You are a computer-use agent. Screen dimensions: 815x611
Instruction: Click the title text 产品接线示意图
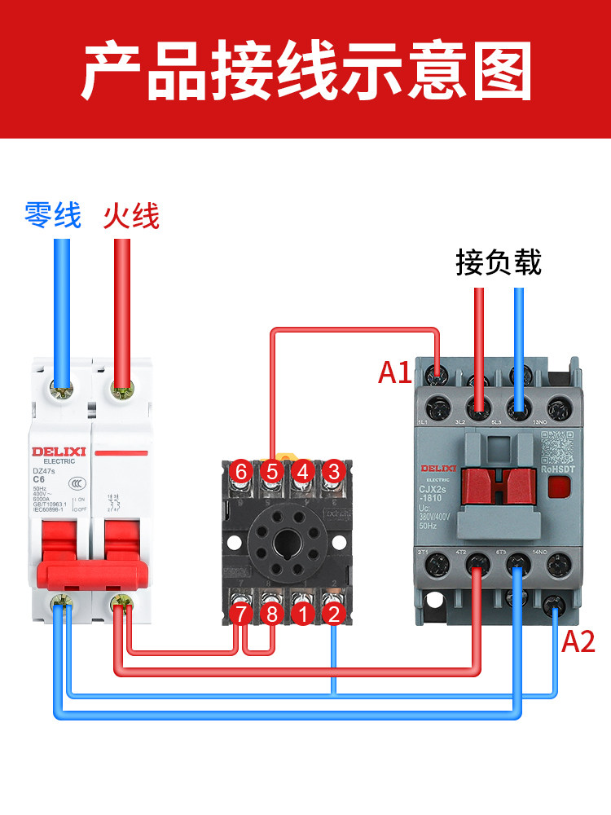click(305, 72)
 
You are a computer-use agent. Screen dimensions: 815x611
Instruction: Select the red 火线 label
click(131, 216)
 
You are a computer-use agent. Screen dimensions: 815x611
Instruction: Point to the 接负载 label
click(499, 262)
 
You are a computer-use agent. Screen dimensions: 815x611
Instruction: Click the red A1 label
click(395, 372)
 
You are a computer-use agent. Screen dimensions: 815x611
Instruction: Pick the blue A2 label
click(579, 641)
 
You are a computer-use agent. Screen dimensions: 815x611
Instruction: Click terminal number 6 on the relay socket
click(240, 471)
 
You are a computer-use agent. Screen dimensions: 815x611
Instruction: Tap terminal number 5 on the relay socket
click(271, 471)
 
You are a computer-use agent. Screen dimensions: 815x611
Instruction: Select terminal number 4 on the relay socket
click(302, 471)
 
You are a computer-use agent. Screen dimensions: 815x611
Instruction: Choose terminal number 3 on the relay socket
click(332, 471)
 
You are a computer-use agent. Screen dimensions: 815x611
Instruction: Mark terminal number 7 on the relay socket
click(240, 615)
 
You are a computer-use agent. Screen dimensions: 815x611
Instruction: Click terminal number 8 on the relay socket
click(271, 615)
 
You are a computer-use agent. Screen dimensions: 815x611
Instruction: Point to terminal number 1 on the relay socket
click(302, 615)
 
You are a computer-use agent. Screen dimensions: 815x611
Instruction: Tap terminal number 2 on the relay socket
click(332, 615)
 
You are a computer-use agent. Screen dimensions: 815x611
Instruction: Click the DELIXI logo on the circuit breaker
click(54, 452)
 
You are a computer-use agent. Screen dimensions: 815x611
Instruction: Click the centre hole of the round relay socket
click(287, 542)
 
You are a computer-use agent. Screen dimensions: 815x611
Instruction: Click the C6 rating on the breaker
click(39, 479)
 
